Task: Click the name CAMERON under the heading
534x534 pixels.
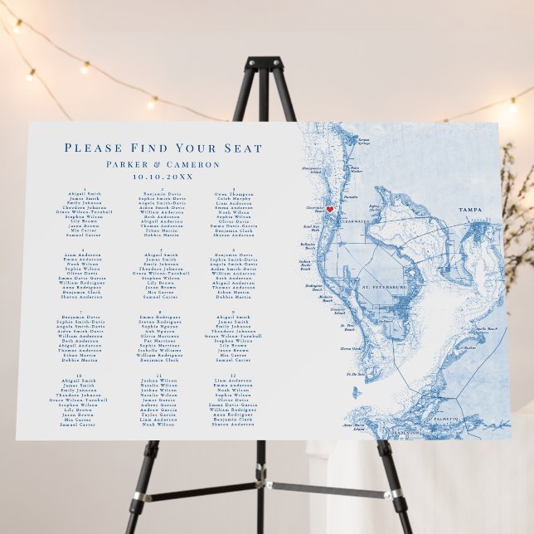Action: click(x=193, y=164)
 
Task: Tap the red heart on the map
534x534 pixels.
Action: click(x=329, y=209)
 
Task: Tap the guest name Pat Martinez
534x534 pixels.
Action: click(x=160, y=339)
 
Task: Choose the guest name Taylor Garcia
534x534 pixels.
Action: click(x=160, y=415)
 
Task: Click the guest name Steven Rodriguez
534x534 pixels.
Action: click(x=160, y=323)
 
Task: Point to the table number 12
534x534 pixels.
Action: click(x=233, y=376)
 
